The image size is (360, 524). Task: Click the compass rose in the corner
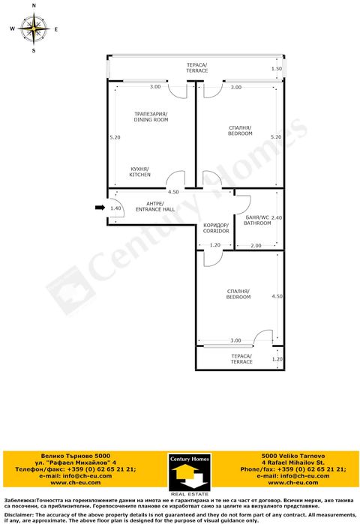pyautogui.click(x=34, y=28)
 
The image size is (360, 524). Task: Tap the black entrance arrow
pyautogui.click(x=100, y=208)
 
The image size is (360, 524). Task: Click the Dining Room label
pyautogui.click(x=151, y=117)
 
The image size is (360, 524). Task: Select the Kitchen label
pyautogui.click(x=140, y=172)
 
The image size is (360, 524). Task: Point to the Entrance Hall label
pyautogui.click(x=155, y=206)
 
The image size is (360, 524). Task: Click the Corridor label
pyautogui.click(x=216, y=228)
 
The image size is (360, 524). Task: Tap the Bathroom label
pyautogui.click(x=257, y=220)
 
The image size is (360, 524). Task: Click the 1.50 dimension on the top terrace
pyautogui.click(x=277, y=68)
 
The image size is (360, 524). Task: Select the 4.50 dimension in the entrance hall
pyautogui.click(x=173, y=192)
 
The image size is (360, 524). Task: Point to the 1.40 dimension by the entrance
pyautogui.click(x=115, y=208)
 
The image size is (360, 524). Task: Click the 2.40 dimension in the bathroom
pyautogui.click(x=277, y=217)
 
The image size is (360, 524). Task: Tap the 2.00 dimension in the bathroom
pyautogui.click(x=256, y=246)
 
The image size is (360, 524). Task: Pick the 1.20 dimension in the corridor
pyautogui.click(x=215, y=245)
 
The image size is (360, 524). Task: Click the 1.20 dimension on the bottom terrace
pyautogui.click(x=277, y=359)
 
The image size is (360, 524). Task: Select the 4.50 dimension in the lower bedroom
pyautogui.click(x=277, y=296)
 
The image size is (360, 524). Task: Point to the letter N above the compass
pyautogui.click(x=34, y=6)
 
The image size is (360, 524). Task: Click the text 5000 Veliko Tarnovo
pyautogui.click(x=292, y=456)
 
